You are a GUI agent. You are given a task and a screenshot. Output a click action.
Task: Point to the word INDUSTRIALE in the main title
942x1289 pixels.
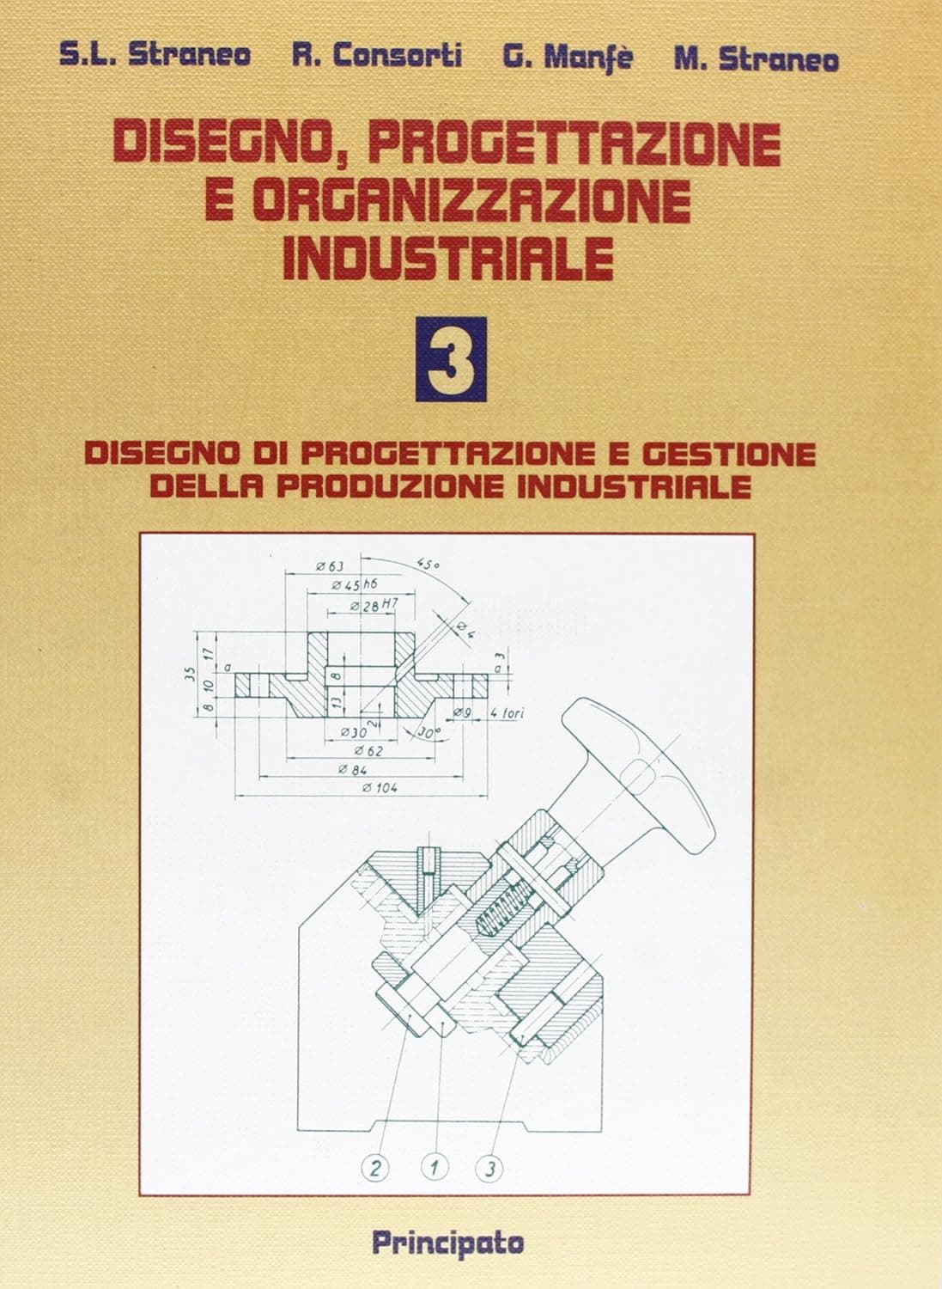tap(447, 257)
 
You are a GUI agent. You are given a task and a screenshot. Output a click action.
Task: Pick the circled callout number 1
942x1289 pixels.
tap(435, 1168)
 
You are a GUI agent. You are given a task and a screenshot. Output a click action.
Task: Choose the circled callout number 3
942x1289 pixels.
tap(489, 1168)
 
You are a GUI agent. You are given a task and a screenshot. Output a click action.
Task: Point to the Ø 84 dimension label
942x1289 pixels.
tap(353, 769)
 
